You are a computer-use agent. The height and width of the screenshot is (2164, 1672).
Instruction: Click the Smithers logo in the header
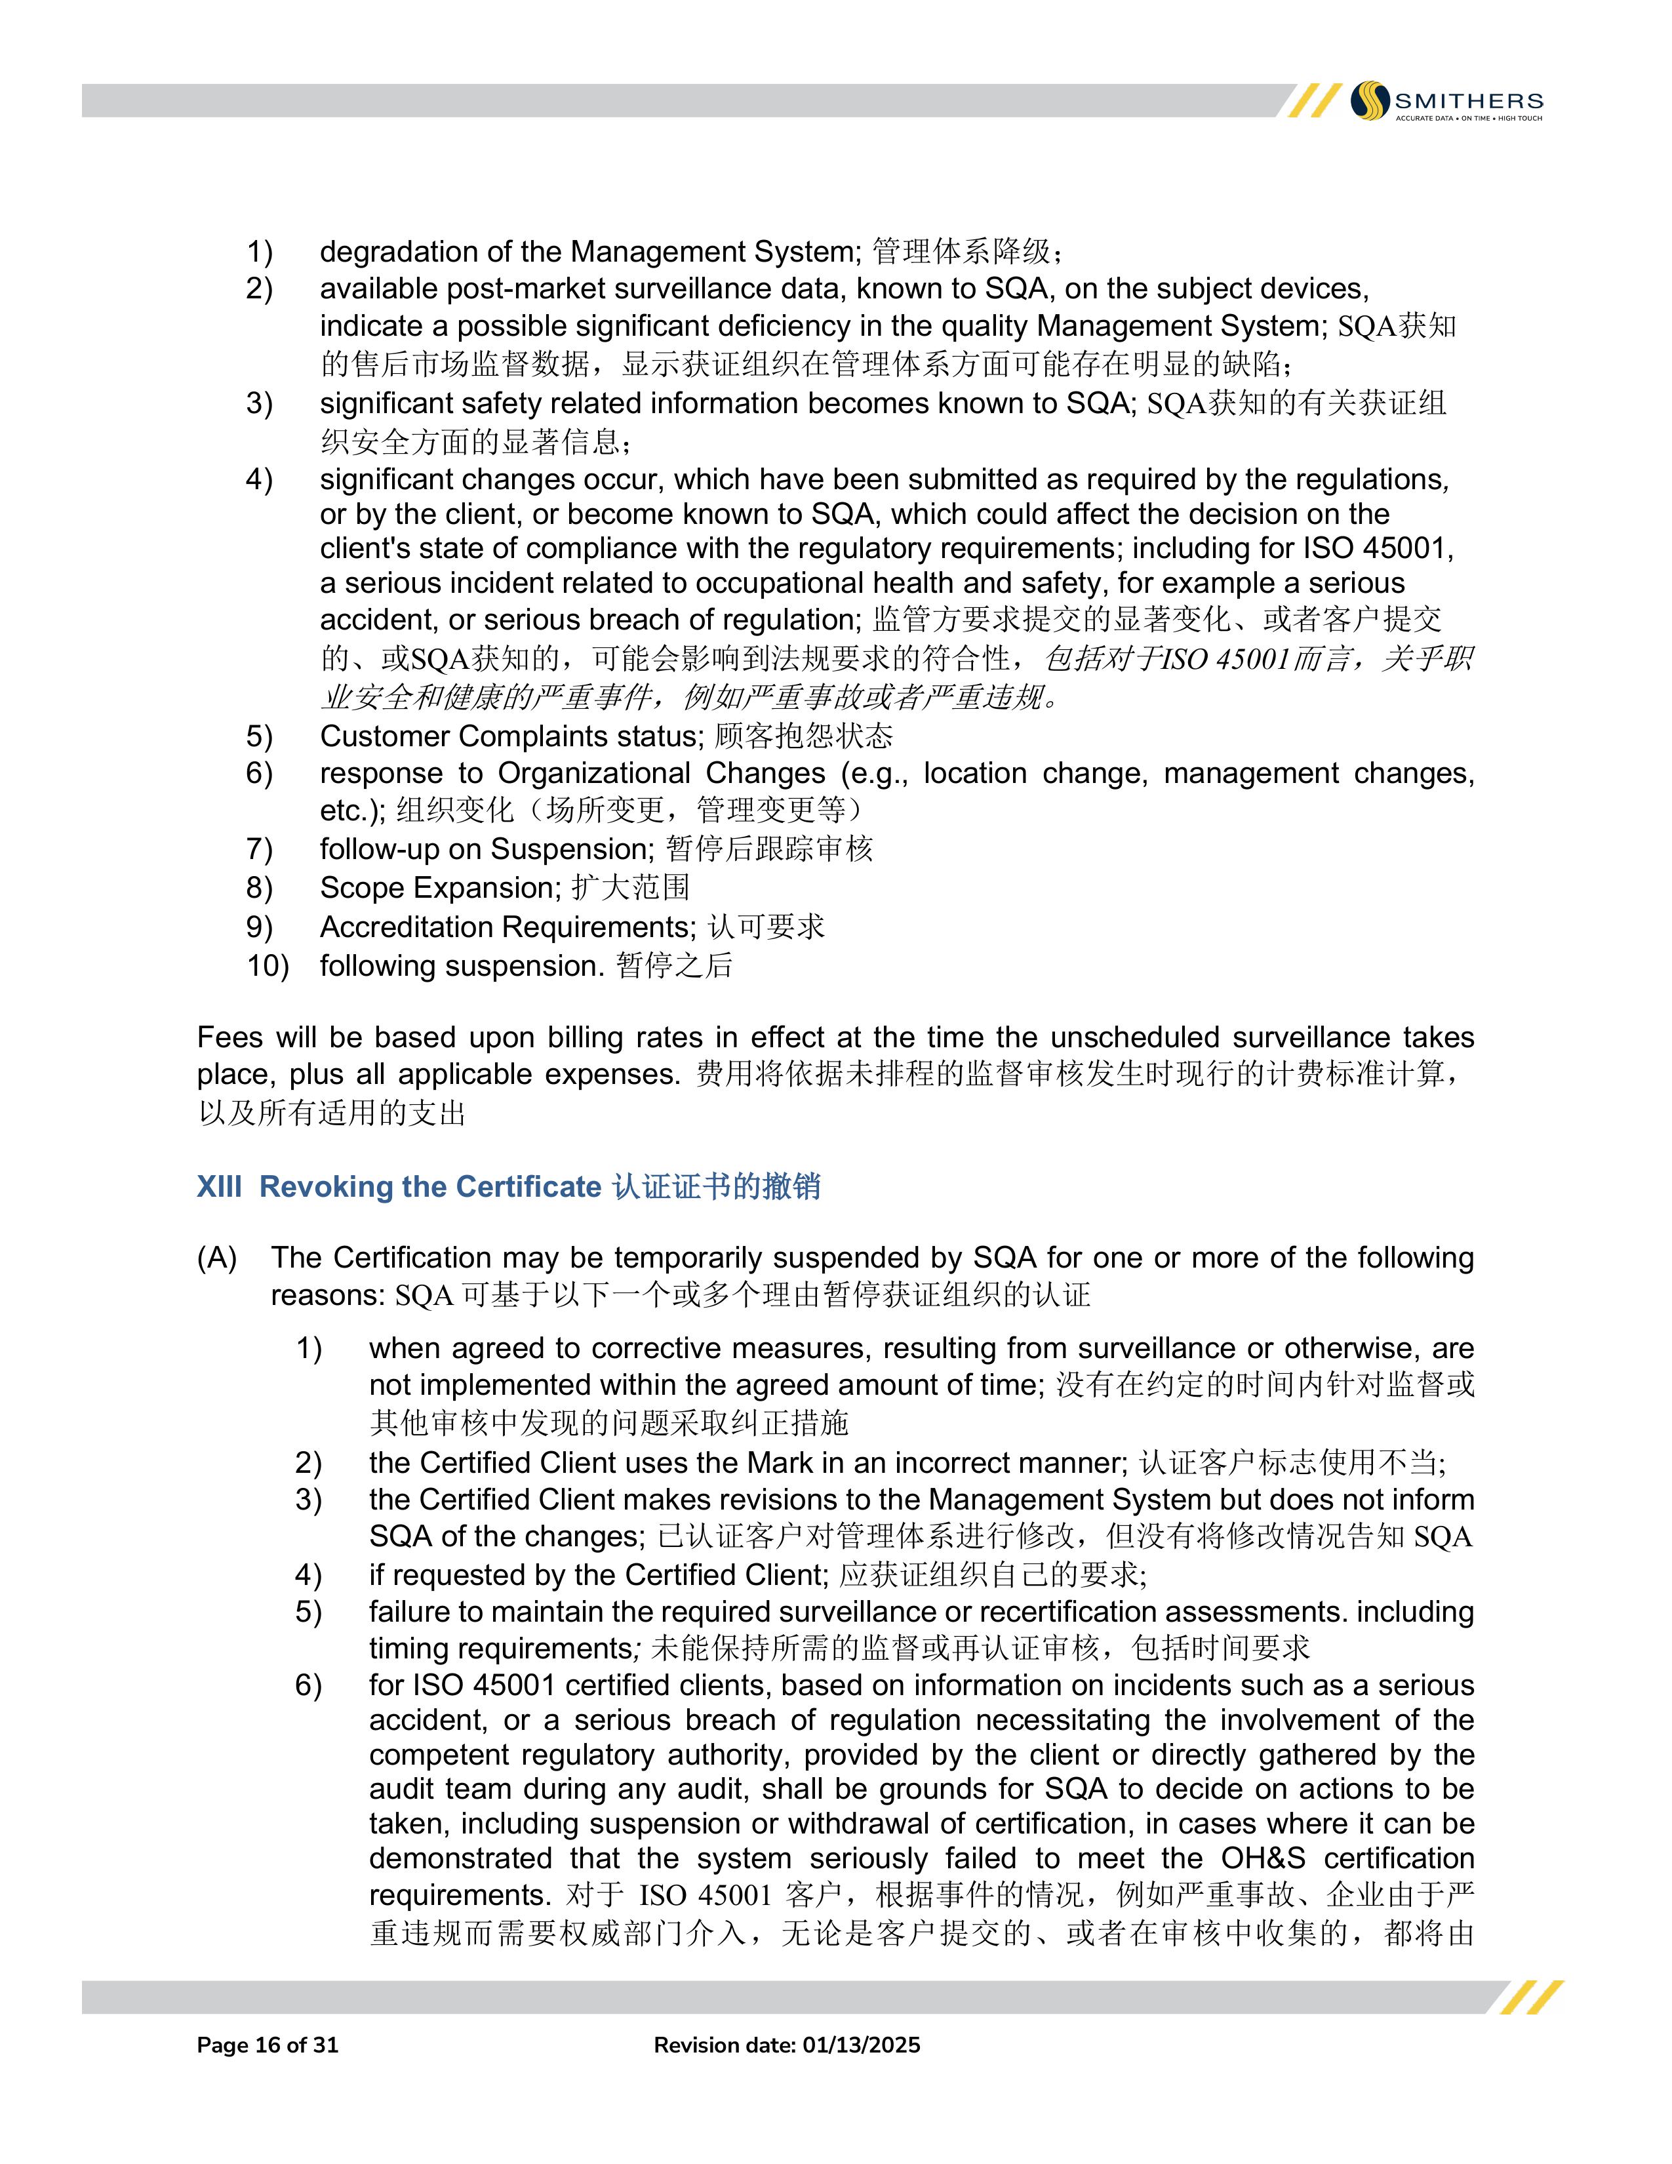1446,101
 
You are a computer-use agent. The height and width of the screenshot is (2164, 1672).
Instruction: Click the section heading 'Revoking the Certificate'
430,1186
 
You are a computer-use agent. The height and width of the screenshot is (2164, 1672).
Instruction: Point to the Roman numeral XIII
219,1186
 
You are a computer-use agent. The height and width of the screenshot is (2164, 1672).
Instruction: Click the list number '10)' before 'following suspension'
268,965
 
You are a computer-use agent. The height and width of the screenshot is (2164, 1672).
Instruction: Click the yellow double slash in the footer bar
1531,1997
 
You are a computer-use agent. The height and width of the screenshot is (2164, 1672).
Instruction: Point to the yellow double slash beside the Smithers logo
1309,101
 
